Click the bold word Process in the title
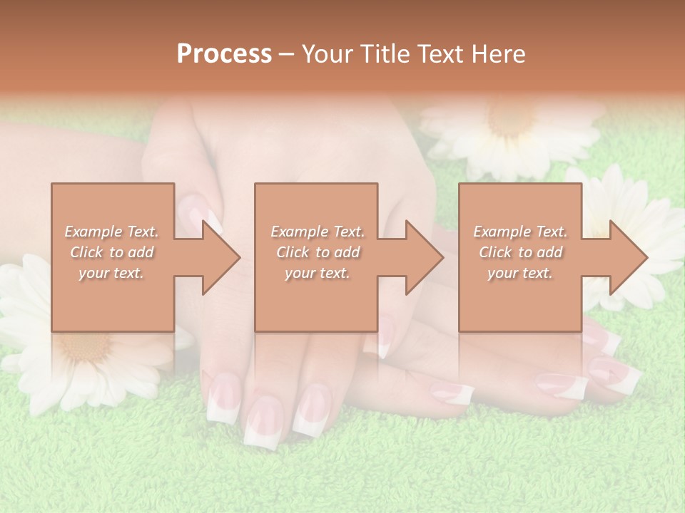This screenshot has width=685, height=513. pos(224,54)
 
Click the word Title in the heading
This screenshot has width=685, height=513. pos(384,54)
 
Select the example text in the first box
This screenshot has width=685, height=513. pos(111,252)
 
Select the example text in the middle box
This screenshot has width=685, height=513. pos(317,252)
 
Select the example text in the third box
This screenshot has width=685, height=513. pos(520,252)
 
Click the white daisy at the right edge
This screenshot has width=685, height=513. pos(639,214)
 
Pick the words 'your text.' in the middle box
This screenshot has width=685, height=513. pos(317,273)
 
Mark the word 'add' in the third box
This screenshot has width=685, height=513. pos(549,252)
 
